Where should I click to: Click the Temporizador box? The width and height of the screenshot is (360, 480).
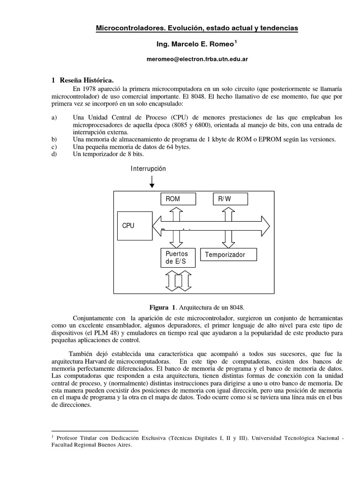[229, 255]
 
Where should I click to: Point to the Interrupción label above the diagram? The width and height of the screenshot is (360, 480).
[148, 168]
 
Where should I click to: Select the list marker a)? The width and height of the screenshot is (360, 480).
[54, 117]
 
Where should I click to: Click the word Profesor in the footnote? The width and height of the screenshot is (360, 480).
[68, 438]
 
